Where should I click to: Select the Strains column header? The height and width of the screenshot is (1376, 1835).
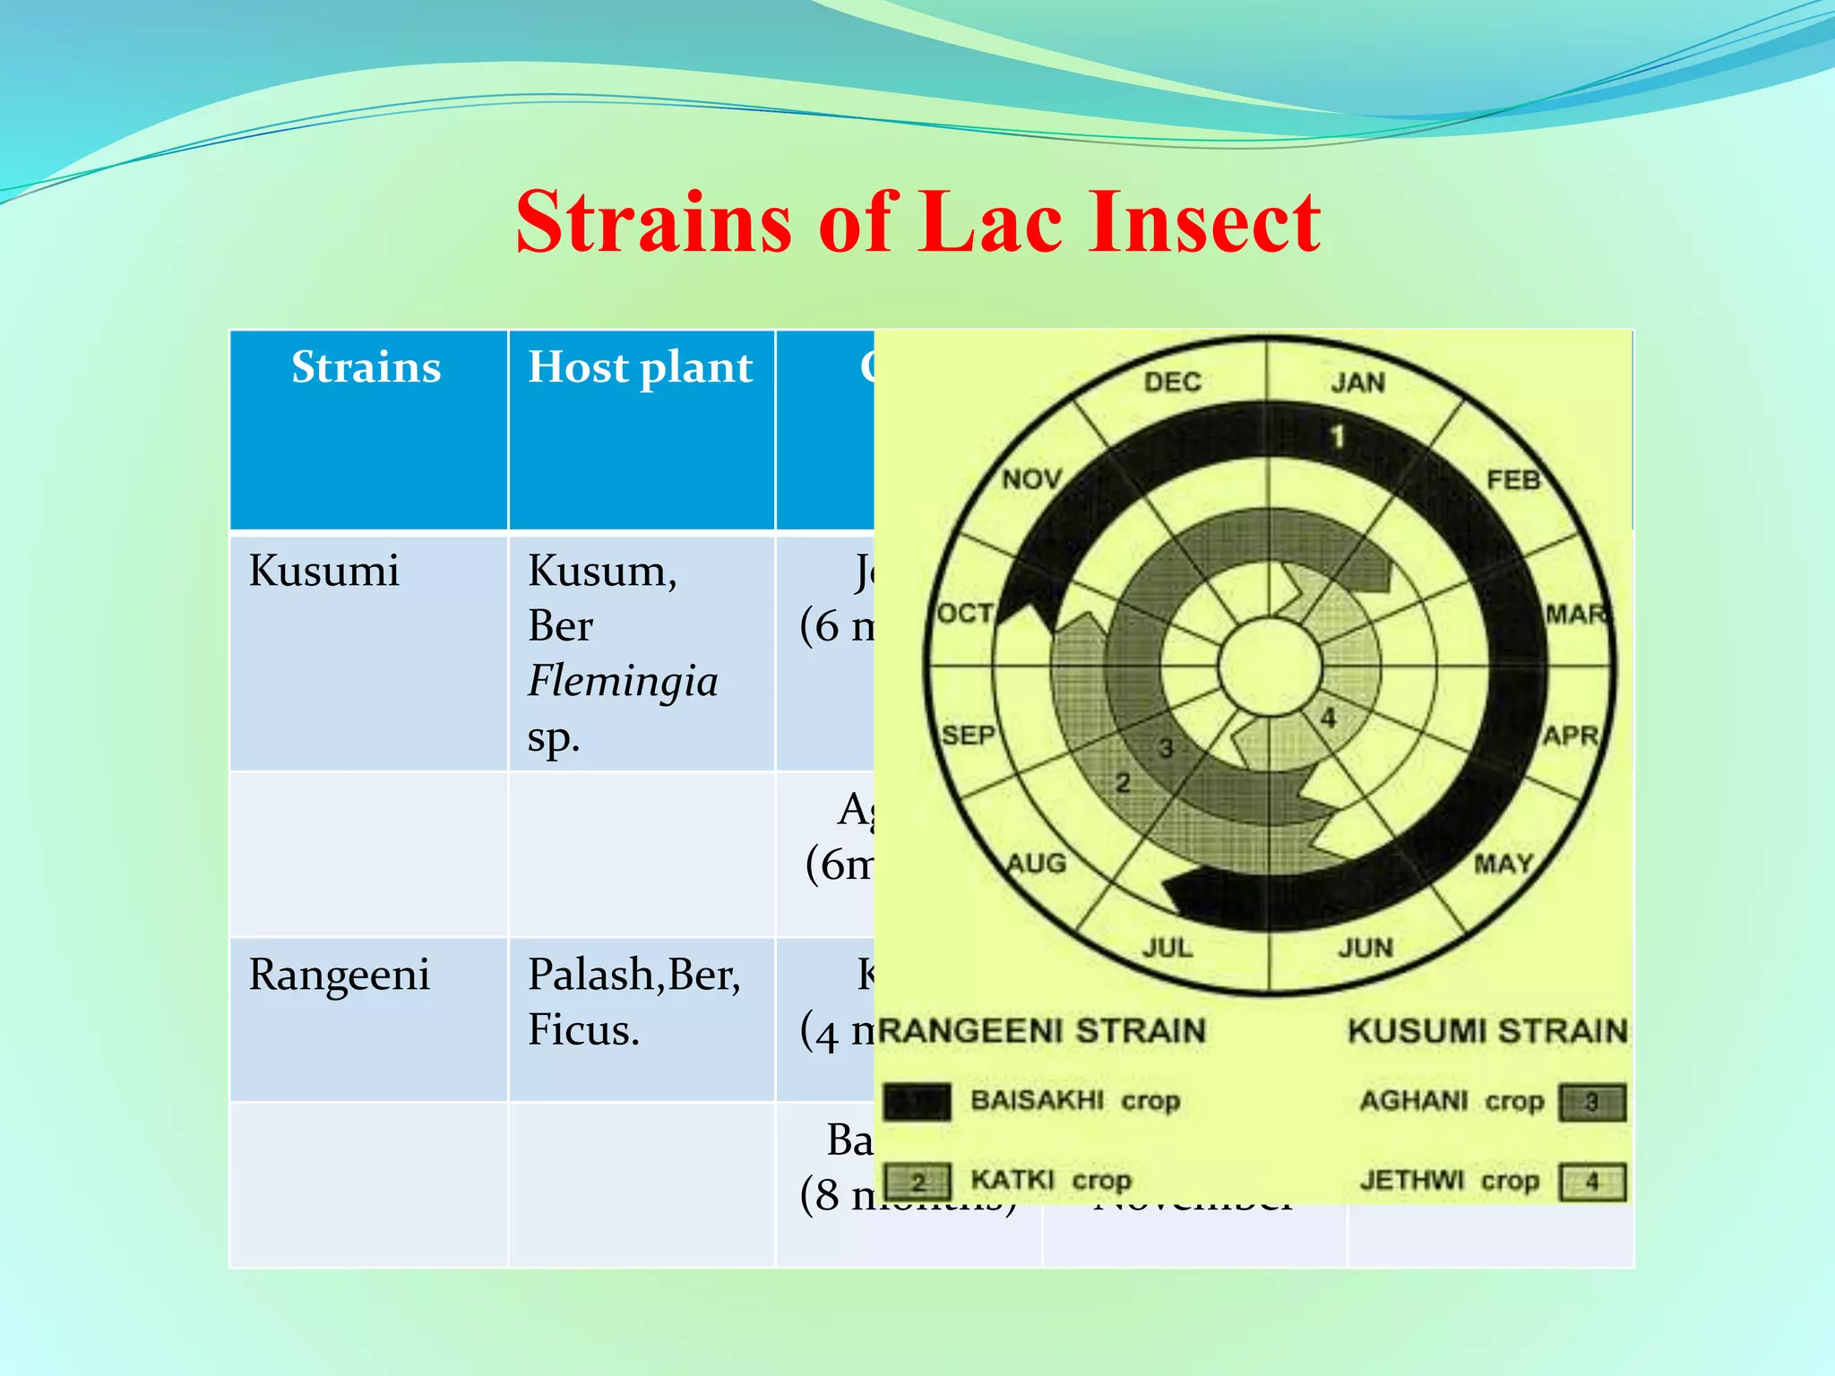[366, 367]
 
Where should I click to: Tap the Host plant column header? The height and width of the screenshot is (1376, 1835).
[640, 367]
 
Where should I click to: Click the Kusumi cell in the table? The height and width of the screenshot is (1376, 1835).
[323, 571]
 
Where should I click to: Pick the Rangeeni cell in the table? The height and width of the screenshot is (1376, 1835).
[340, 975]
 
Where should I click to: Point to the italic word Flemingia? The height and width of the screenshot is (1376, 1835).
[623, 681]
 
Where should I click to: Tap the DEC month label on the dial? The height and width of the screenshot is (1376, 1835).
[1172, 382]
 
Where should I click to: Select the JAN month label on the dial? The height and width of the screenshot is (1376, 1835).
[1357, 383]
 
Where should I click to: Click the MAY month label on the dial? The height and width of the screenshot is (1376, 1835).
[1504, 864]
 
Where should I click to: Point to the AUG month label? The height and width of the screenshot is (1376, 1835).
[1036, 864]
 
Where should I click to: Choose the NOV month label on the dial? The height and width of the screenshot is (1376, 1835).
[1031, 479]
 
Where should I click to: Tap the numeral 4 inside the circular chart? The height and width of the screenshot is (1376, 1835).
[1328, 718]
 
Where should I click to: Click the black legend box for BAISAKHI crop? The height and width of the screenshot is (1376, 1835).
[917, 1102]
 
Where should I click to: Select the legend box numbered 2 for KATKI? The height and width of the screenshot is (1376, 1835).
[917, 1182]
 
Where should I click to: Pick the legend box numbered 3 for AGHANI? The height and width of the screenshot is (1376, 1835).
[1591, 1102]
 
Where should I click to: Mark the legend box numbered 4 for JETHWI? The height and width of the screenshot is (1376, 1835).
[1591, 1182]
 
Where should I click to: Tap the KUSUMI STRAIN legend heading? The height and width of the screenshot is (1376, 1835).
[1486, 1031]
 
